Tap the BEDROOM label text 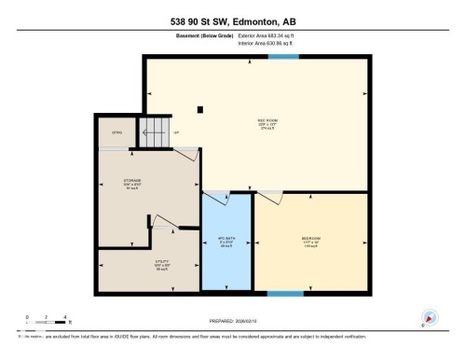click(x=311, y=240)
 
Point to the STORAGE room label click(x=132, y=182)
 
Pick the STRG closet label click(x=117, y=133)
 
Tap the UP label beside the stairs click(x=175, y=133)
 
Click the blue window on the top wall click(x=283, y=57)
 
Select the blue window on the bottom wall click(x=285, y=295)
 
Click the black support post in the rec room click(x=200, y=108)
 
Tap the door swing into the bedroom click(x=271, y=197)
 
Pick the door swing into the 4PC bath click(x=217, y=197)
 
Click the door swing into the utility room click(x=163, y=223)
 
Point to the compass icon click(x=429, y=317)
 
